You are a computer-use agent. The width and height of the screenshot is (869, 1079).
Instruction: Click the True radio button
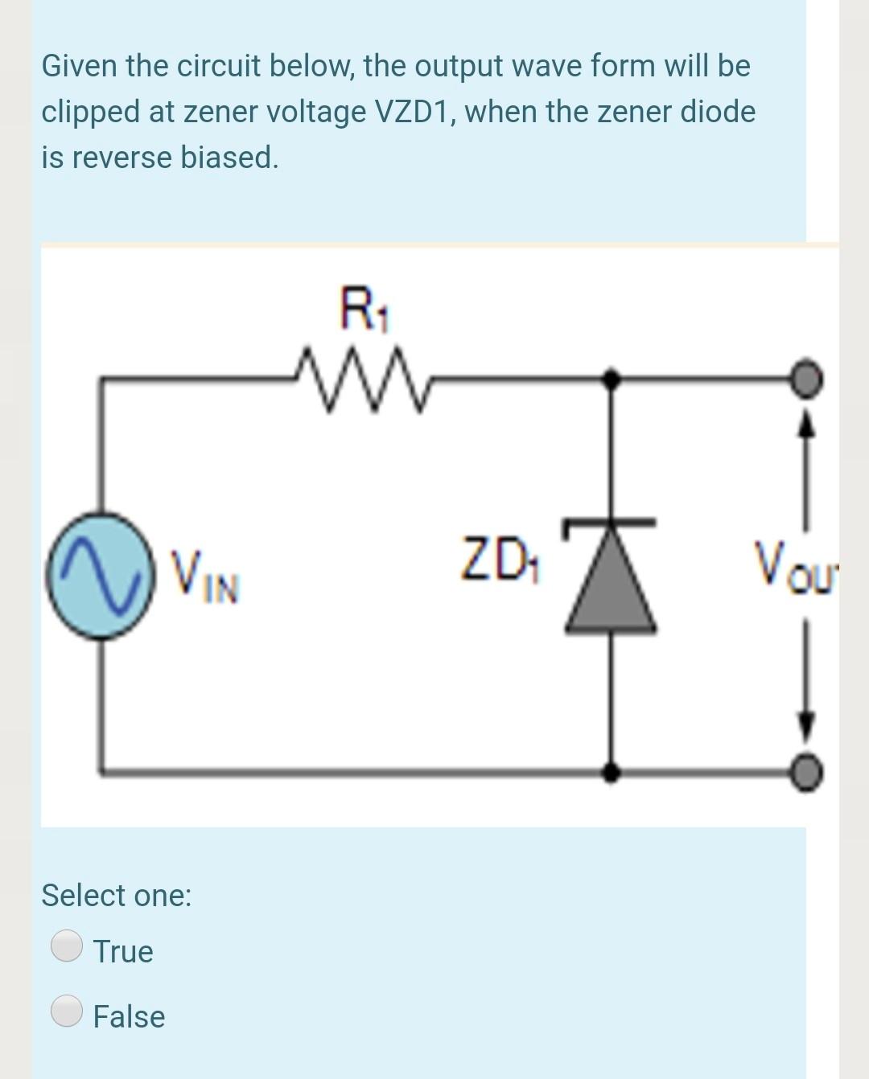tap(67, 946)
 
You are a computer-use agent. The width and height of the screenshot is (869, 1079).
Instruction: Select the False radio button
tap(67, 1011)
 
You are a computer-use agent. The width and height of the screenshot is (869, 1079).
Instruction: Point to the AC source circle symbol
tap(100, 575)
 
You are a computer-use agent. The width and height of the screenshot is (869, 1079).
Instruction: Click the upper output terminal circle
tap(807, 376)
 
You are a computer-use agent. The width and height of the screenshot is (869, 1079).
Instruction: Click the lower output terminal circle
tap(807, 772)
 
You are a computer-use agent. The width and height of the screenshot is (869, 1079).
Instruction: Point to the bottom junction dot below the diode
tap(612, 772)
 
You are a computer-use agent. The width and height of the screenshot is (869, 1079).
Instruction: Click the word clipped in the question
tap(91, 112)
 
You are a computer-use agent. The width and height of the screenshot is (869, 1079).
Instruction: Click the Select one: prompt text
tap(117, 895)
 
